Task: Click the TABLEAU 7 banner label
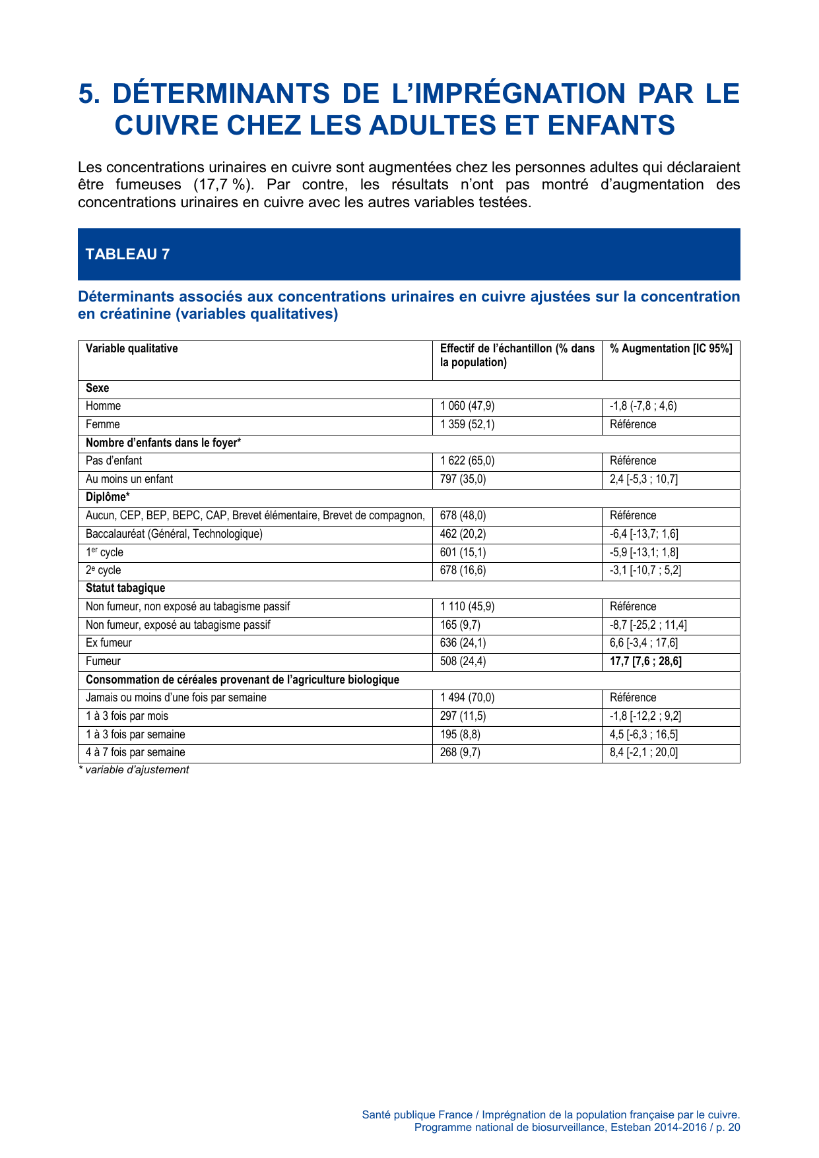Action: tap(127, 255)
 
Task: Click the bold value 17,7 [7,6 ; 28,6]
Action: tap(645, 661)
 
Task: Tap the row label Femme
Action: tap(103, 424)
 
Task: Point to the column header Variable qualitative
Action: tap(131, 348)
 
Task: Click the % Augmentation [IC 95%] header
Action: tap(671, 348)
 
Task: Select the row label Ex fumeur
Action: tap(109, 643)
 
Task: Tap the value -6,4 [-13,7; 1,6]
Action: tap(643, 534)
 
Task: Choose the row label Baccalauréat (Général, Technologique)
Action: tap(174, 534)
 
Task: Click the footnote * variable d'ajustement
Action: tap(133, 770)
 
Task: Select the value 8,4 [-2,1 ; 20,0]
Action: tap(643, 752)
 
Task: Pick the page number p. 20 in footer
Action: tap(728, 1127)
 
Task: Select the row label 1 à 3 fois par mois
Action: tap(127, 716)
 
